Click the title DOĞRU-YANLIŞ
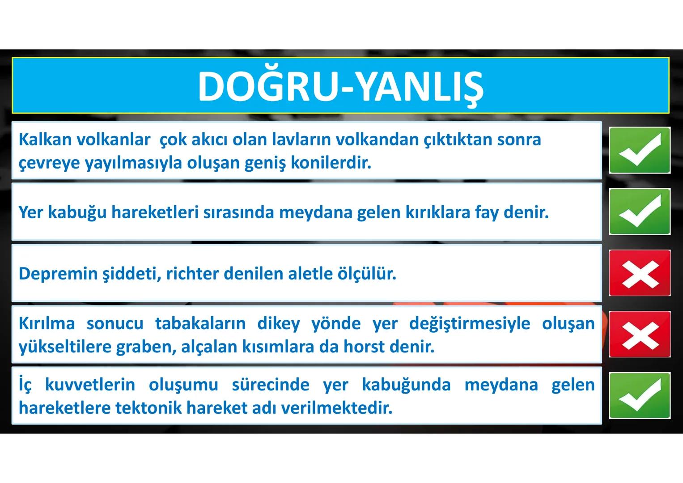[340, 86]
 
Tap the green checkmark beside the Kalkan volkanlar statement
[640, 150]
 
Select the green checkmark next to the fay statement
[640, 212]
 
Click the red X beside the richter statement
[640, 273]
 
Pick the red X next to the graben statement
[640, 334]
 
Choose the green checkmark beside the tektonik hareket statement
[640, 395]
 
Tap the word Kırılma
[47, 323]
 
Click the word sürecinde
[270, 385]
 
